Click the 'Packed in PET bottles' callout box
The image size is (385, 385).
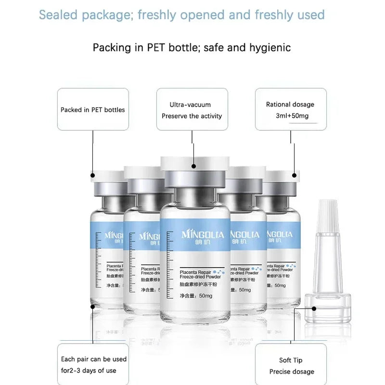[93, 109]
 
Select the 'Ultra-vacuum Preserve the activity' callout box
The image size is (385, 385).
[192, 110]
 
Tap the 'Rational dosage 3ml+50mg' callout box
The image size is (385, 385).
[290, 110]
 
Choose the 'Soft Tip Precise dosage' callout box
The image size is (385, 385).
[291, 365]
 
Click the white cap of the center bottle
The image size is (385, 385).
[193, 164]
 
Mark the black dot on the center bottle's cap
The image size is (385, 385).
[193, 167]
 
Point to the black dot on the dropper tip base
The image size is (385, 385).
[314, 308]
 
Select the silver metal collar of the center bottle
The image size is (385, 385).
[193, 180]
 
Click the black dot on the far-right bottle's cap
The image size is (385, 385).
[295, 176]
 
